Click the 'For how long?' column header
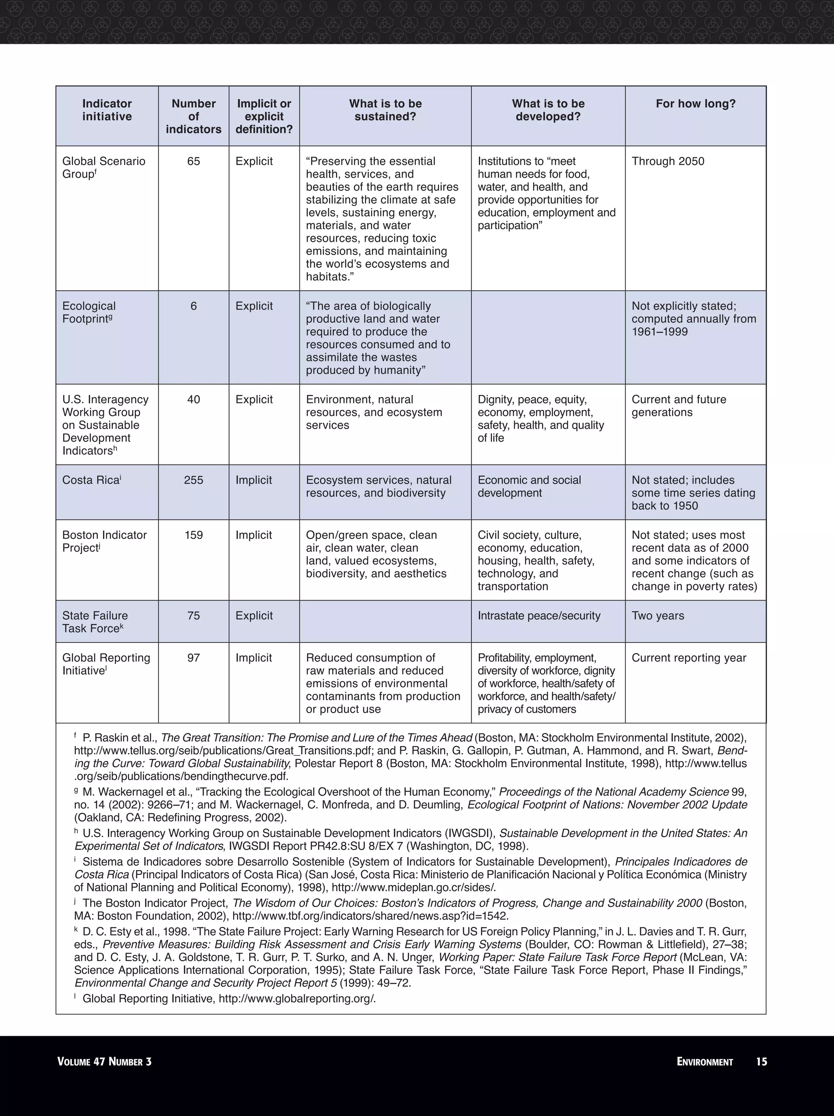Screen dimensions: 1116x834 pos(695,104)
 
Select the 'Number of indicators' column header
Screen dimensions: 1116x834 pos(193,116)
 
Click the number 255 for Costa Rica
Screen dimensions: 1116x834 pos(193,480)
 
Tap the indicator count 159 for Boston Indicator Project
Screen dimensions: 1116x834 pos(193,535)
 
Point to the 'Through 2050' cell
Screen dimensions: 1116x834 pos(667,162)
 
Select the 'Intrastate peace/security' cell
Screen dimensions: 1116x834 pos(539,616)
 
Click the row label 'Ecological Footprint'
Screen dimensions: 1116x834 pos(89,313)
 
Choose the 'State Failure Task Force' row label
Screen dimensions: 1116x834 pos(95,622)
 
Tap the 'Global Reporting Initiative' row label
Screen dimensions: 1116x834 pos(106,664)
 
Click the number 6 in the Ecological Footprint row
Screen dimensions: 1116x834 pos(193,306)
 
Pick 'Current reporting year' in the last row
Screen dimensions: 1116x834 pos(689,658)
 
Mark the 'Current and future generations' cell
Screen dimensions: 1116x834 pos(678,406)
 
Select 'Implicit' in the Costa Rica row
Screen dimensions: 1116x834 pos(253,480)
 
